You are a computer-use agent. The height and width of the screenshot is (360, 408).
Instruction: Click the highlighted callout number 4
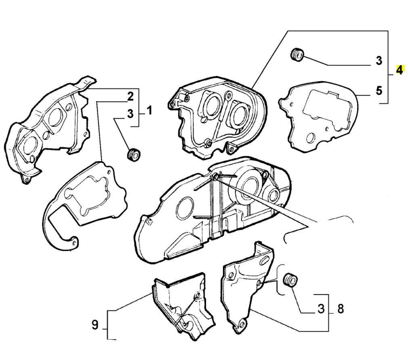click(x=399, y=70)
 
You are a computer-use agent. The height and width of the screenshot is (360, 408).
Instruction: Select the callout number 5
click(x=379, y=91)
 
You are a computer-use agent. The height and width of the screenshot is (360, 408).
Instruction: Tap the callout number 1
click(x=149, y=110)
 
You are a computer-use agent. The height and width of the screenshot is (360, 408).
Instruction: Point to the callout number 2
click(x=130, y=96)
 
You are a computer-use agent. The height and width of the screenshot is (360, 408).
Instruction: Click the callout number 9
click(x=95, y=324)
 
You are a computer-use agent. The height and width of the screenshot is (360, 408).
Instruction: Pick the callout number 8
click(x=341, y=309)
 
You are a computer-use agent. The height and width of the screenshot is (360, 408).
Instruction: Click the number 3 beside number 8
click(x=321, y=309)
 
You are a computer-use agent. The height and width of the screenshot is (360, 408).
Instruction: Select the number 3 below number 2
click(x=130, y=114)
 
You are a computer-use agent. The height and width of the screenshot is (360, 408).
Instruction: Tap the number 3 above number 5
click(x=379, y=61)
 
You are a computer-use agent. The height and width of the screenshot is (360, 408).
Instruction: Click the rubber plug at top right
click(x=298, y=54)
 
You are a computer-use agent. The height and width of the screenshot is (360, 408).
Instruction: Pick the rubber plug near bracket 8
click(x=290, y=280)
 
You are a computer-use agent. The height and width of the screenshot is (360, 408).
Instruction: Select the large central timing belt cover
click(x=214, y=210)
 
